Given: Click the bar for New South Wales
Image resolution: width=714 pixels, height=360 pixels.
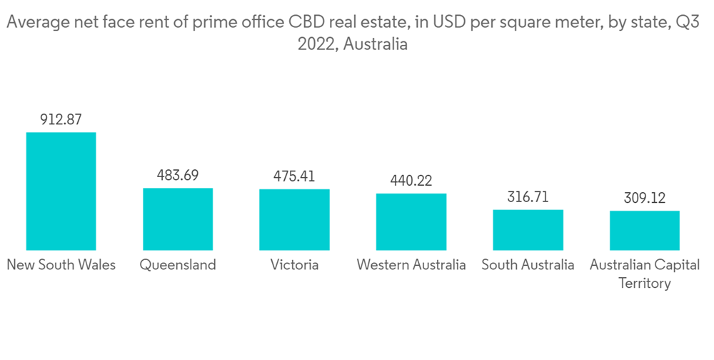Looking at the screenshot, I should [x=61, y=191].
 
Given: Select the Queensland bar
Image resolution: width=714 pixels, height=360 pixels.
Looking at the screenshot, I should [x=178, y=219].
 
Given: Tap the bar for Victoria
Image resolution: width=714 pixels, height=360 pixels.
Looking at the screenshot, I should [x=294, y=219].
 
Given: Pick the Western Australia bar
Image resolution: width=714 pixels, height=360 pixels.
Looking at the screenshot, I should [x=411, y=221].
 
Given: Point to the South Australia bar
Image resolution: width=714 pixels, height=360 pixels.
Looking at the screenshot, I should [x=528, y=229].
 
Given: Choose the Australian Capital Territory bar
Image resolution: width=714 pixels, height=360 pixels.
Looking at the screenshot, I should [x=644, y=230].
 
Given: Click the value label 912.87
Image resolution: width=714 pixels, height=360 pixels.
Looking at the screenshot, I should [x=61, y=119].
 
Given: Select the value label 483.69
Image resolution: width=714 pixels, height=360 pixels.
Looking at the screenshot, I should [x=178, y=175].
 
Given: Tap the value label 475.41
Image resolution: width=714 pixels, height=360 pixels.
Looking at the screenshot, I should [x=294, y=176].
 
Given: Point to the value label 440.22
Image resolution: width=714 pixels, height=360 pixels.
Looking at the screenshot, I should [x=411, y=181].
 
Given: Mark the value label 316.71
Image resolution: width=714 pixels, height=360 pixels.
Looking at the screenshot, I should [x=528, y=197].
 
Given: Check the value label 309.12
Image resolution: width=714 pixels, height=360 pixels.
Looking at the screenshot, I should [x=644, y=198].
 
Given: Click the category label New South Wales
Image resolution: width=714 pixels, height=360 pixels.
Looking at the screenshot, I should [x=61, y=265].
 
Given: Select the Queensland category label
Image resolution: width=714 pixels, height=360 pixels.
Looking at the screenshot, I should [x=178, y=265].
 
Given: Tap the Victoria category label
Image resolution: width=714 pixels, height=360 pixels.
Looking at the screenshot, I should [x=294, y=265].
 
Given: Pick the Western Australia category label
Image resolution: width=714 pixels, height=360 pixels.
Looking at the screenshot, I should [x=411, y=265].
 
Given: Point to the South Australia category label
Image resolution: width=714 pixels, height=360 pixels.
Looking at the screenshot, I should [x=528, y=265].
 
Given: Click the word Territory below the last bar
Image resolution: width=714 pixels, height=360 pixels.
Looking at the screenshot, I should [x=644, y=283].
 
